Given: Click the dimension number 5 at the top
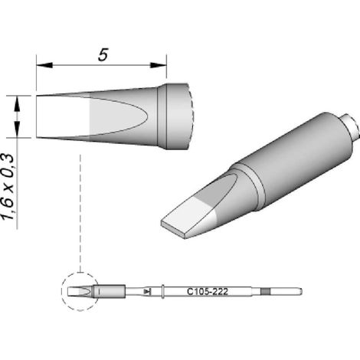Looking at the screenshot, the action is click(x=103, y=54).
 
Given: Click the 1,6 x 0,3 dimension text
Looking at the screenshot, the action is click(x=8, y=187).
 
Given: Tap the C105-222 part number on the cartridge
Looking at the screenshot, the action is click(x=208, y=291).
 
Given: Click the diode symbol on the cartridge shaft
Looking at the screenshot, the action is click(x=148, y=291).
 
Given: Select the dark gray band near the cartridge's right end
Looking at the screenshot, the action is click(x=265, y=291).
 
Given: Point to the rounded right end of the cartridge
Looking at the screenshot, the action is click(x=301, y=291).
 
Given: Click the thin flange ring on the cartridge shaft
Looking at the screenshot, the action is click(x=162, y=291).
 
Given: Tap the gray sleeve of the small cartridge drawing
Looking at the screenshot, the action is click(x=110, y=291).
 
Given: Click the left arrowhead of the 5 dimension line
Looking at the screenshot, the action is click(x=44, y=65).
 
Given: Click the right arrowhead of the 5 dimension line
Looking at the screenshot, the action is click(x=159, y=65).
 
